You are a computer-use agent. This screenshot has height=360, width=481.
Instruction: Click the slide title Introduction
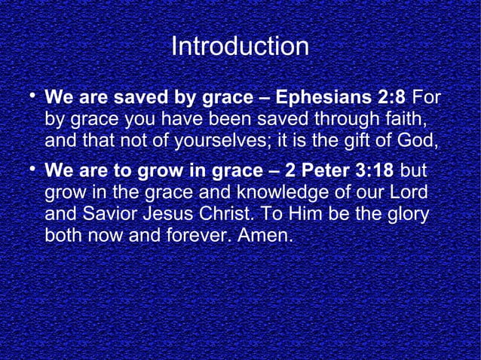tap(240, 47)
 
